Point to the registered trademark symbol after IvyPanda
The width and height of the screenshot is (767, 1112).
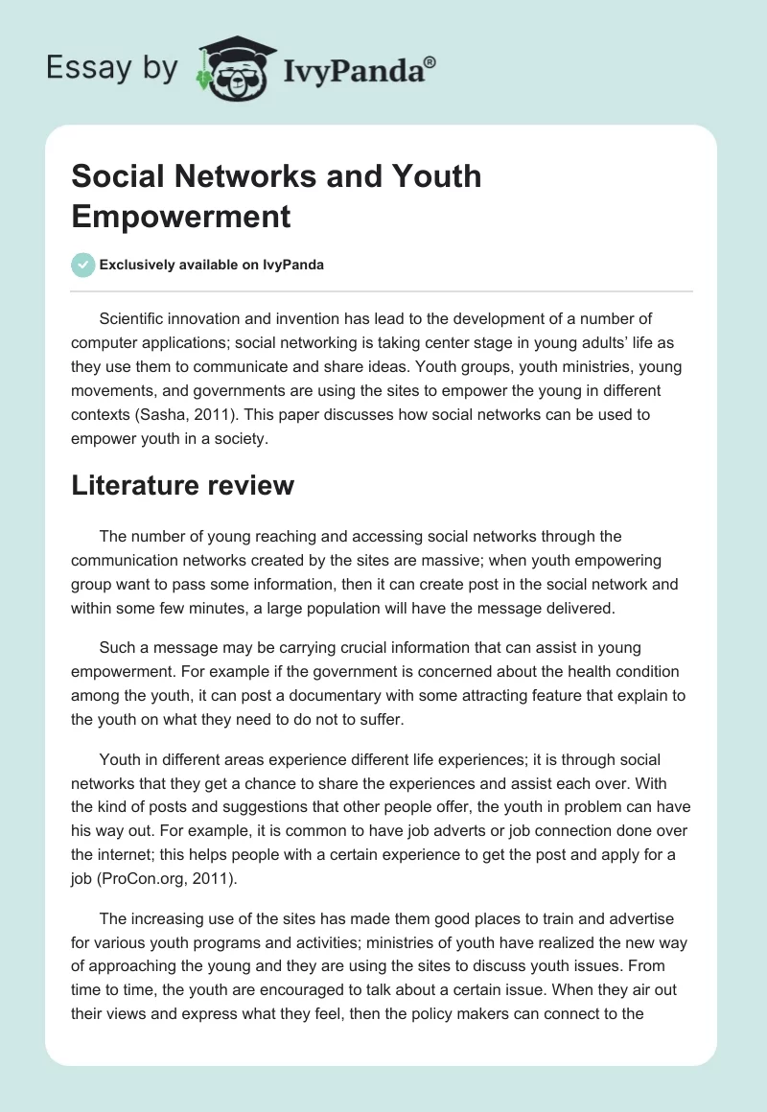(x=430, y=60)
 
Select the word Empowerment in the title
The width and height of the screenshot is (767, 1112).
(x=181, y=216)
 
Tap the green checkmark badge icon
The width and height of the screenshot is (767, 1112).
(x=82, y=265)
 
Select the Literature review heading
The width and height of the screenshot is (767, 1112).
(x=182, y=486)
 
